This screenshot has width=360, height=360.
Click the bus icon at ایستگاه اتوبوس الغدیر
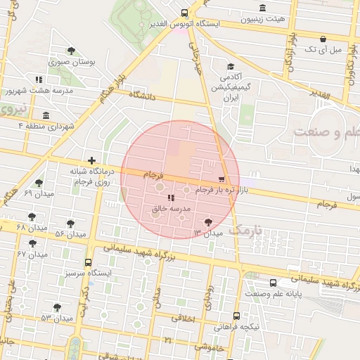point(184,13)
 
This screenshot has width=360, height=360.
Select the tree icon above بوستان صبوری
point(71,50)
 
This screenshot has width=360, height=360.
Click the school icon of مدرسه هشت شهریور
point(38,79)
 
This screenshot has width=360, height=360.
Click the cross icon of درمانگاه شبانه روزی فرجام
point(91,161)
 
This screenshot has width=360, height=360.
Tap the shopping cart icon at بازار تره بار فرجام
point(223,179)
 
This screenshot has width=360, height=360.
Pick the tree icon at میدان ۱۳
point(207,222)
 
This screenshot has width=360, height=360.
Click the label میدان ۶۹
point(39,193)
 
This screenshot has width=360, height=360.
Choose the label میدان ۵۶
point(70,233)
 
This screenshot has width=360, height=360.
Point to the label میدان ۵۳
point(57,318)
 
